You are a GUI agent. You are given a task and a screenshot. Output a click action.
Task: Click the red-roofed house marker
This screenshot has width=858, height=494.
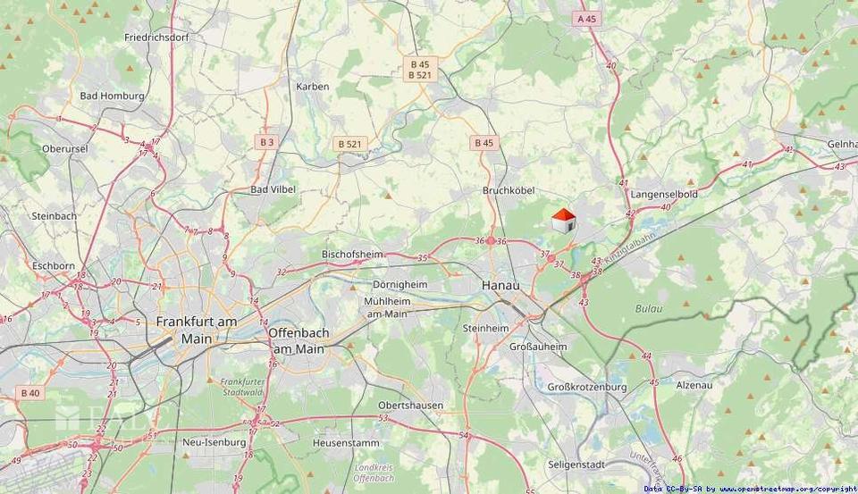tap(563, 221)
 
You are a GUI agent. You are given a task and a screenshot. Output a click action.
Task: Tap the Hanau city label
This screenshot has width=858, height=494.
tap(500, 284)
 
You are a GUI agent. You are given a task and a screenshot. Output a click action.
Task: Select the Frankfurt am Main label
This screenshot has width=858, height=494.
tap(196, 330)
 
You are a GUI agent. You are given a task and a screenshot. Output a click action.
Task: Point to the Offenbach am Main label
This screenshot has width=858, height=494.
tap(299, 340)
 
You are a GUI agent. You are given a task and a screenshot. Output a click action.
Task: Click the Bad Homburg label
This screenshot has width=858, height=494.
tap(113, 96)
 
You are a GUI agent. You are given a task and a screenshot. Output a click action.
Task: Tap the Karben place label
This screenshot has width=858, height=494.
tap(313, 87)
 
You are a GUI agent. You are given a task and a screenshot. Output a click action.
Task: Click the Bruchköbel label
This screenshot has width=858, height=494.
tap(509, 190)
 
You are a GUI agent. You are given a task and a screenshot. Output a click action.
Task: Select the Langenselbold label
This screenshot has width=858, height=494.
tap(663, 194)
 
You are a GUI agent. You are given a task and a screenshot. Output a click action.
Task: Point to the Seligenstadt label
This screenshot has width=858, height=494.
tap(576, 465)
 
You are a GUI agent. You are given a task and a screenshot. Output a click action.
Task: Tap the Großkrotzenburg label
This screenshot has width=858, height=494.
tap(586, 387)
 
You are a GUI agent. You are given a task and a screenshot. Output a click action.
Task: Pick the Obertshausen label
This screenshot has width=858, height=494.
tap(410, 405)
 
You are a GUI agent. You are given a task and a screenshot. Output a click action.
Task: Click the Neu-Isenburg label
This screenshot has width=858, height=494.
tap(214, 442)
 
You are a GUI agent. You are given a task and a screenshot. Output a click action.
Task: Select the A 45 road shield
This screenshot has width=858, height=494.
tap(586, 18)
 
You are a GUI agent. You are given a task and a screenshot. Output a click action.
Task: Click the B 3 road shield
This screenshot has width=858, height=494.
tap(266, 141)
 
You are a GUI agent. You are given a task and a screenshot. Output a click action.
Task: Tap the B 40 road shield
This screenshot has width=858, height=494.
tap(30, 392)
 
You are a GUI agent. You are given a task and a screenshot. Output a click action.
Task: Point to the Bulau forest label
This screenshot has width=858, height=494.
tap(649, 308)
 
